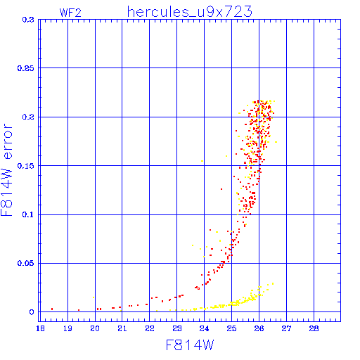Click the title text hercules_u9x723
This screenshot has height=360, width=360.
[189, 12]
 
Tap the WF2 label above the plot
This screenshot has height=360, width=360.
[70, 13]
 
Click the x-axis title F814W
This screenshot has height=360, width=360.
[190, 345]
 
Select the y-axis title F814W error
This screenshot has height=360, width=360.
[6, 169]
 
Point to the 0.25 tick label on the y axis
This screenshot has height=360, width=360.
[25, 68]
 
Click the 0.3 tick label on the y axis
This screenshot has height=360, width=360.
[28, 20]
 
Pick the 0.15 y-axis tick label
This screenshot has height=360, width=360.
[25, 166]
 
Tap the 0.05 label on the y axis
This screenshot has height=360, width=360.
[25, 263]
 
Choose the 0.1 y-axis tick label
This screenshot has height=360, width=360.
[28, 214]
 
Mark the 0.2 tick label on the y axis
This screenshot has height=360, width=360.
[28, 117]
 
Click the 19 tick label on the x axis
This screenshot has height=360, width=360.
[67, 328]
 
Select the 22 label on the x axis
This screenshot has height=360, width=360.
[150, 328]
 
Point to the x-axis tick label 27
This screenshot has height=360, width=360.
[286, 328]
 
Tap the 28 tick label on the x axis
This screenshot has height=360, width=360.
[314, 328]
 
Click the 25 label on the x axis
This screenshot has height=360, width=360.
[231, 328]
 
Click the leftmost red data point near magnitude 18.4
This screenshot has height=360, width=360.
[52, 309]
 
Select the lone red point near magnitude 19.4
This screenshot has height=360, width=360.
[79, 310]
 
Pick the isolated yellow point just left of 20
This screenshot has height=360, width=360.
[94, 297]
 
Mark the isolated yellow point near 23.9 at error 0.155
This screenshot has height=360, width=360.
[202, 161]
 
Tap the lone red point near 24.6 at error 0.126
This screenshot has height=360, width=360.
[221, 189]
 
